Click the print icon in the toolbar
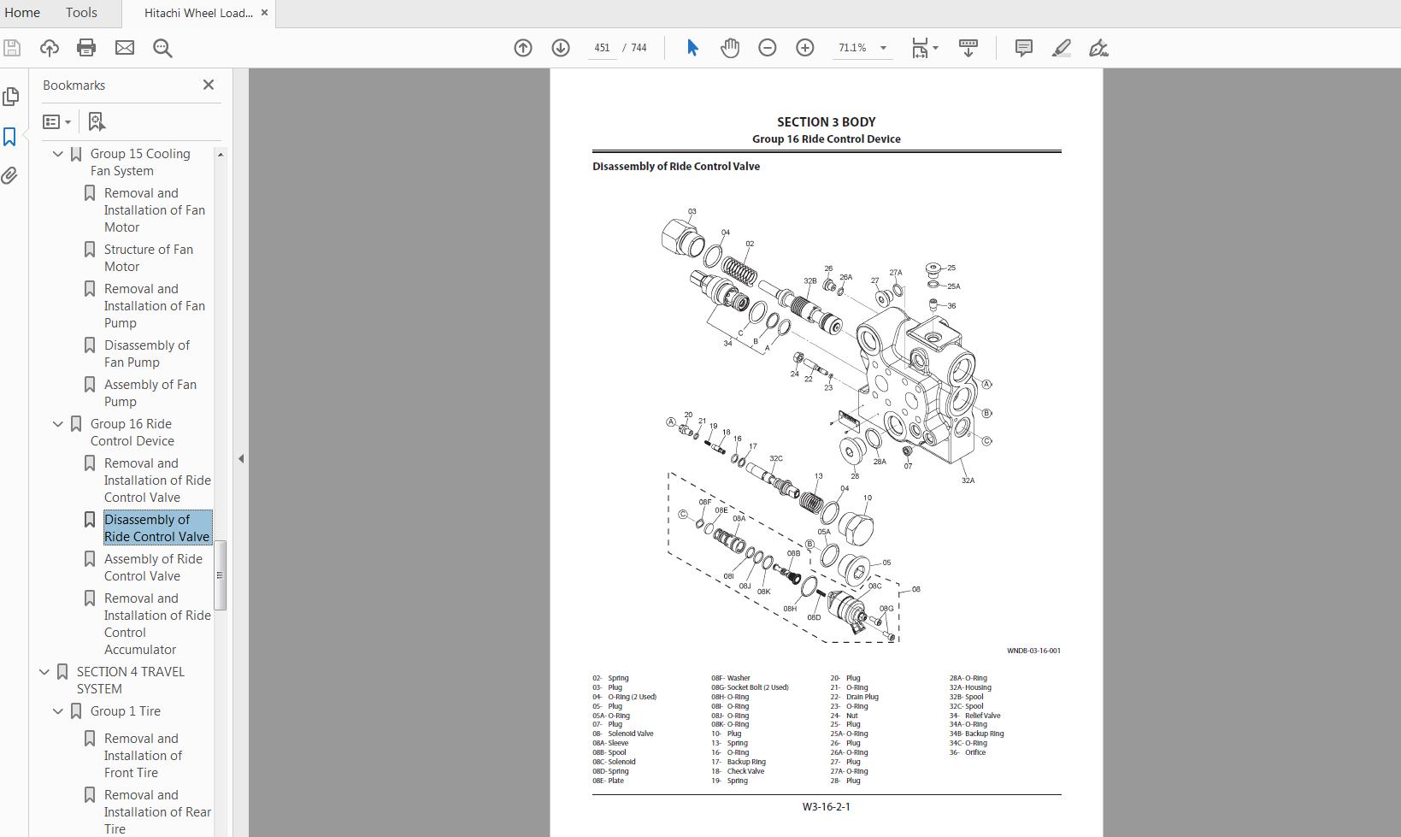pyautogui.click(x=86, y=48)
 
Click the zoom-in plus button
pyautogui.click(x=804, y=48)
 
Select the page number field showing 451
pyautogui.click(x=602, y=48)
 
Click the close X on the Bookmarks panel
pyautogui.click(x=209, y=85)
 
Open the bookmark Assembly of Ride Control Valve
pyautogui.click(x=153, y=567)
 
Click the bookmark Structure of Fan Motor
pyautogui.click(x=148, y=257)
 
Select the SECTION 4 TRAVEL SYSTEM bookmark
pyautogui.click(x=130, y=680)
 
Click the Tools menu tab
pyautogui.click(x=81, y=13)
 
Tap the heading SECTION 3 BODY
pyautogui.click(x=826, y=122)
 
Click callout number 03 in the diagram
pyautogui.click(x=692, y=211)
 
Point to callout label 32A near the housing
pyautogui.click(x=968, y=480)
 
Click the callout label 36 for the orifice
pyautogui.click(x=951, y=305)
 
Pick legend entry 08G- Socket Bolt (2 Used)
pyautogui.click(x=750, y=687)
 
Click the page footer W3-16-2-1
pyautogui.click(x=826, y=806)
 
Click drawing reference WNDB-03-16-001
pyautogui.click(x=1033, y=651)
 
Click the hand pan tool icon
pyautogui.click(x=729, y=48)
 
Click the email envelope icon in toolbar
pyautogui.click(x=125, y=48)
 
